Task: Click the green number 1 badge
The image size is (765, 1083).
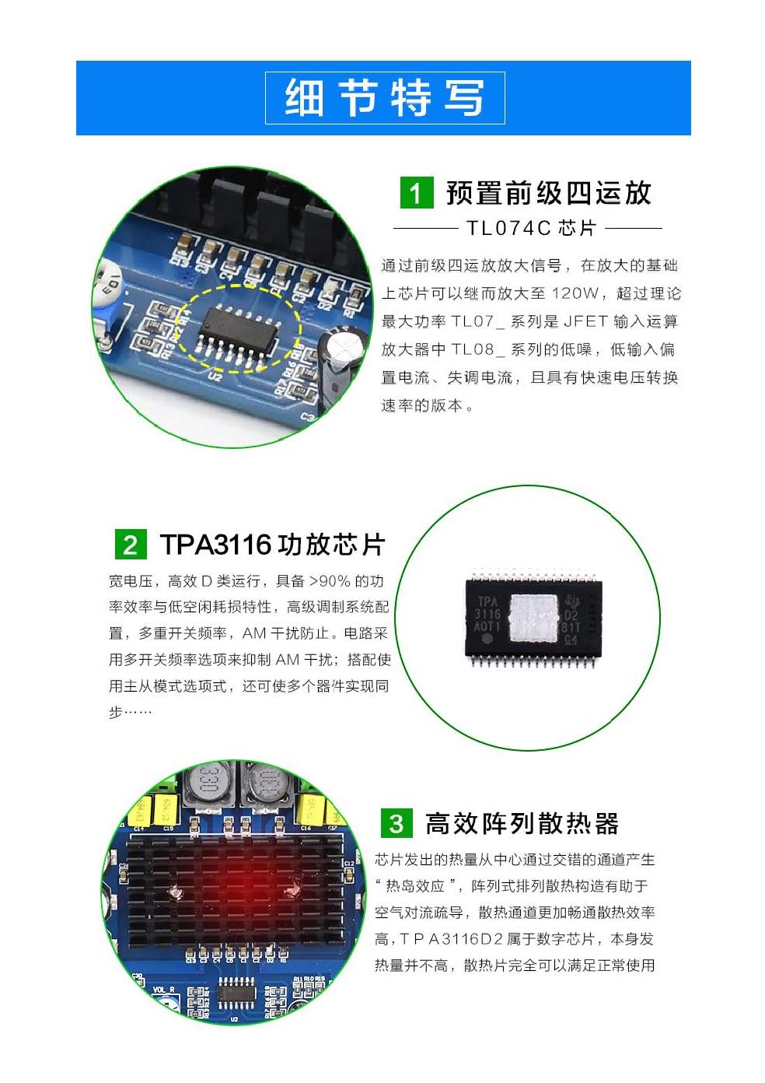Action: [x=417, y=193]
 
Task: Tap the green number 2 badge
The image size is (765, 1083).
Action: [x=131, y=545]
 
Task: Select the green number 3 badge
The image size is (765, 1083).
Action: [x=396, y=823]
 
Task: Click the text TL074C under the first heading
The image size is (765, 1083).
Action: [x=508, y=228]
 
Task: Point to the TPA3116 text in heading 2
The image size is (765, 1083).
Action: [x=215, y=545]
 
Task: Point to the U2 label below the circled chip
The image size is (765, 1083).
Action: [x=214, y=375]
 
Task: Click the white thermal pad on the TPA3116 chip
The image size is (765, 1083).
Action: [x=533, y=618]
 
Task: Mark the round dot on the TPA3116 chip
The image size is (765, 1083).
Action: [x=487, y=640]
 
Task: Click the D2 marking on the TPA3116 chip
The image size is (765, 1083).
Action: [x=571, y=615]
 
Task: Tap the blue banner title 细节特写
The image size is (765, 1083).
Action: [x=385, y=98]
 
